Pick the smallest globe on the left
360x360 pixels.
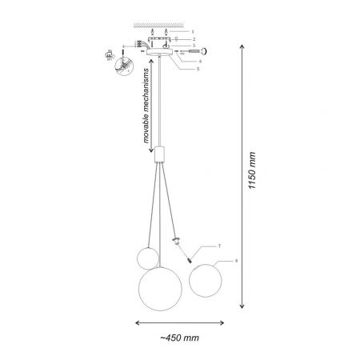pos(146,258)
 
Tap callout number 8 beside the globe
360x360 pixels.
pos(236,261)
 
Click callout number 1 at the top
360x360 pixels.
pos(193,30)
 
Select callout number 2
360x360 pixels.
pos(193,38)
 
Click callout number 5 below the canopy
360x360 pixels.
pos(195,69)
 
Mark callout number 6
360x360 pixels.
pos(198,61)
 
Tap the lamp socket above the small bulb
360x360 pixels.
pos(176,241)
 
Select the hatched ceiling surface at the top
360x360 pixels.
pos(160,22)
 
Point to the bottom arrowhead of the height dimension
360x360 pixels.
pos(242,306)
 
